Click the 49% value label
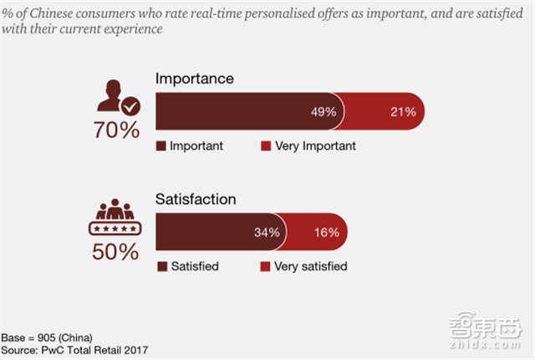[x=324, y=111]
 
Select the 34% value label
[x=267, y=233]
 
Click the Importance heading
[x=195, y=79]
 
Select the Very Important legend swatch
[x=266, y=146]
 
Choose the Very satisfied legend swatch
[x=266, y=267]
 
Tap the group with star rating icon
[x=115, y=219]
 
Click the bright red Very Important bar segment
[x=389, y=111]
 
